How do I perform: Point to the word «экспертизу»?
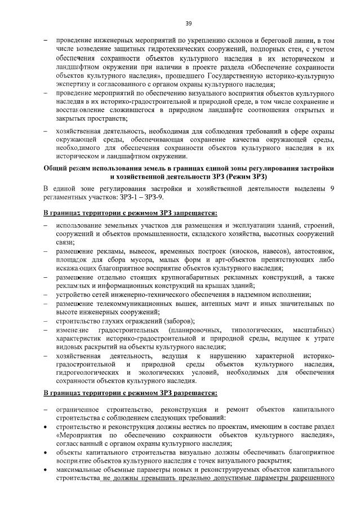point(73,84)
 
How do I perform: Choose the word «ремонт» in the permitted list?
point(235,409)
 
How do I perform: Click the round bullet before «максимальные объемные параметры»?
point(45,471)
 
